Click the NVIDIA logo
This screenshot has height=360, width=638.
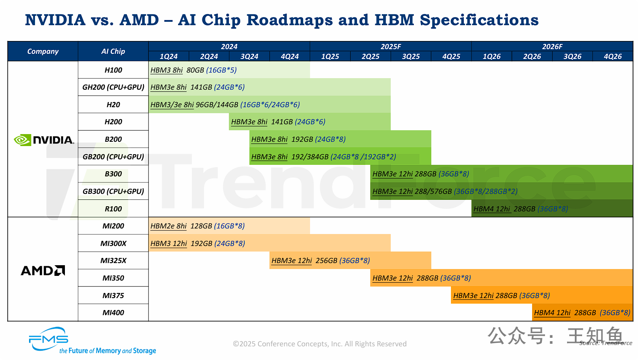pos(44,140)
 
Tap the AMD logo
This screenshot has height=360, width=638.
pos(43,270)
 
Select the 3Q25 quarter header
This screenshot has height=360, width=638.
pos(411,56)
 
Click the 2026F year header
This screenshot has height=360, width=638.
pos(552,47)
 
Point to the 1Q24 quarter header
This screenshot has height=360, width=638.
pos(169,56)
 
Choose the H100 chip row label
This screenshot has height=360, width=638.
pos(113,70)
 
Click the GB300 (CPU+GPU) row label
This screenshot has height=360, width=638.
pos(113,191)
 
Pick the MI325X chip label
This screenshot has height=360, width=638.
pos(113,260)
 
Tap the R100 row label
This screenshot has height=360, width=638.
pos(113,209)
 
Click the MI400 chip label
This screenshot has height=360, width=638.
pos(113,313)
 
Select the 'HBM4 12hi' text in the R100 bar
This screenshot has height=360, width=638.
pos(492,209)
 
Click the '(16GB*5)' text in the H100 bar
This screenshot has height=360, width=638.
pos(221,70)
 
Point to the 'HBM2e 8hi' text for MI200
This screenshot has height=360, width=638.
pos(169,226)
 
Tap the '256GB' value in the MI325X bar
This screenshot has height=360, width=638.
pos(326,260)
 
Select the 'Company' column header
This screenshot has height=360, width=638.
pos(43,51)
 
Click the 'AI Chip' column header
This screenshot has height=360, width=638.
pos(113,51)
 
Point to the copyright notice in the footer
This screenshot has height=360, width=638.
pos(319,344)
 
